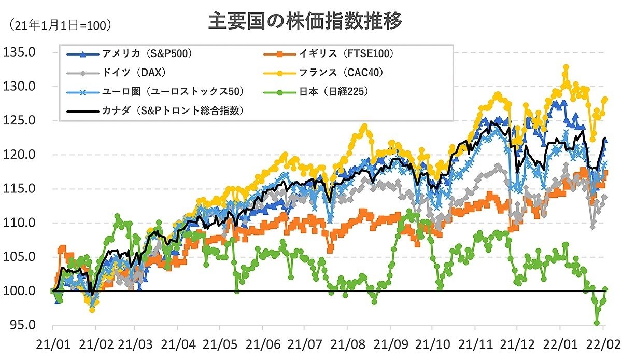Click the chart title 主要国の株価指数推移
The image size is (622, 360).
point(305,22)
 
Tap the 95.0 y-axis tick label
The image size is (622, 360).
point(21,325)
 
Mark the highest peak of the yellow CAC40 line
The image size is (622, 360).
point(566,67)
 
